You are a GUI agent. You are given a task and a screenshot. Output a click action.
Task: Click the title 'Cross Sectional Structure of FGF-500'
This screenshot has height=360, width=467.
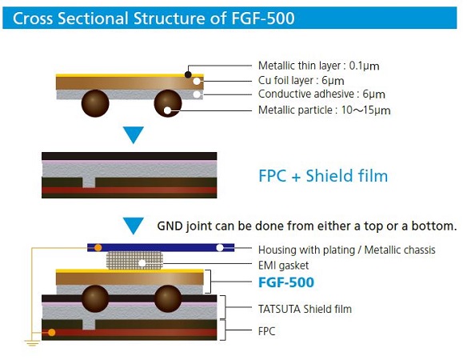pyautogui.click(x=154, y=18)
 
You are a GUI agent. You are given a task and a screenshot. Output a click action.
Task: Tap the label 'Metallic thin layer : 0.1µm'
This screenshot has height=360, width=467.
pyautogui.click(x=319, y=66)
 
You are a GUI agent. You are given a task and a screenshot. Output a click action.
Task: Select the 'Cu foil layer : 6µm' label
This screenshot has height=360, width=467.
pyautogui.click(x=301, y=81)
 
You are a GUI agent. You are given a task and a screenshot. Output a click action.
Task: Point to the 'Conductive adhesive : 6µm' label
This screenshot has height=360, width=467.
pyautogui.click(x=321, y=94)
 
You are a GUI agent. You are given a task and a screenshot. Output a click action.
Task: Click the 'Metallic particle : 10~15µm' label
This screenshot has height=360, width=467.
pyautogui.click(x=325, y=110)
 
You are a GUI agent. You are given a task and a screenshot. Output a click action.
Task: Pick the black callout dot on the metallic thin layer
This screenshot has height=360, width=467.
pyautogui.click(x=188, y=74)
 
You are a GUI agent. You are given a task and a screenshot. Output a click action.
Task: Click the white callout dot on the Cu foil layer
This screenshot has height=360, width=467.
pyautogui.click(x=197, y=81)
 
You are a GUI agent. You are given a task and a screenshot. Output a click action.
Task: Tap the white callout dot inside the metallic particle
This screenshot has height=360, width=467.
pyautogui.click(x=167, y=110)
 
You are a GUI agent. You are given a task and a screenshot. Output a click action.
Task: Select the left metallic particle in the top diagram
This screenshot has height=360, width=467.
pyautogui.click(x=95, y=103)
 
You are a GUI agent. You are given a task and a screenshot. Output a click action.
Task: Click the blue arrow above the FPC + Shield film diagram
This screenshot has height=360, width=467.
pyautogui.click(x=134, y=134)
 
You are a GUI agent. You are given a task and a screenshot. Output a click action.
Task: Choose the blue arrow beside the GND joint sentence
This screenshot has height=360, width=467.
pyautogui.click(x=134, y=226)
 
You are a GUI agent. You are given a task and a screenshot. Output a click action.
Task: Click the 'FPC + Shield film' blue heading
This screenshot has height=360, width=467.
pyautogui.click(x=323, y=175)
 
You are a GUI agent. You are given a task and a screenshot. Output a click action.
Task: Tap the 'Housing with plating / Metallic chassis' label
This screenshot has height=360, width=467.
pyautogui.click(x=347, y=250)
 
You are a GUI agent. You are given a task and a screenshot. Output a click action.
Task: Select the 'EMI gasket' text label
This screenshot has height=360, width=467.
pyautogui.click(x=283, y=266)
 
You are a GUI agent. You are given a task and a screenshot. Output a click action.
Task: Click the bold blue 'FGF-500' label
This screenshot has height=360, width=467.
pyautogui.click(x=286, y=282)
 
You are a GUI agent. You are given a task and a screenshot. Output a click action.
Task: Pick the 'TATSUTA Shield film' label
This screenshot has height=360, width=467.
pyautogui.click(x=305, y=309)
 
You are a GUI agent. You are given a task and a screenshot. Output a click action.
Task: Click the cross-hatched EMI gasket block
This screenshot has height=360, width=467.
pyautogui.click(x=134, y=261)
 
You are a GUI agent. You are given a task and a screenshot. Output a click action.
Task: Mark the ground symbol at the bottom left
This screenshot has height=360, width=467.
pyautogui.click(x=32, y=342)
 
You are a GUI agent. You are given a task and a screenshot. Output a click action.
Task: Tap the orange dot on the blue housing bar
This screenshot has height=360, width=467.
pyautogui.click(x=98, y=248)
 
